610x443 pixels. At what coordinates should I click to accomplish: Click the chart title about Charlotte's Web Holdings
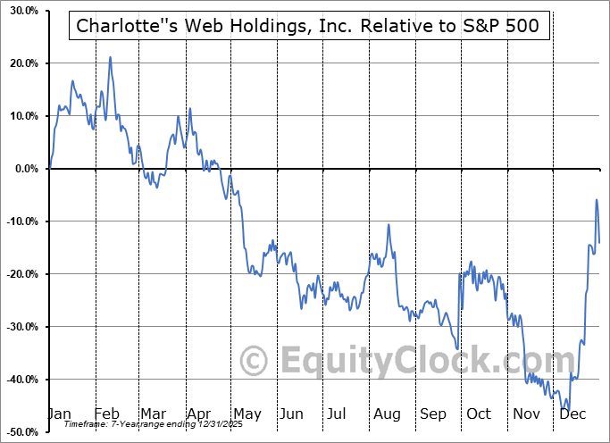click(309, 26)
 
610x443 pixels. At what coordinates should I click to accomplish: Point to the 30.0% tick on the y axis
click(21, 12)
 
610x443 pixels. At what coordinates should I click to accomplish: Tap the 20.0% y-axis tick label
click(21, 64)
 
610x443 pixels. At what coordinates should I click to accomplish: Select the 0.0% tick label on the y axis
click(24, 169)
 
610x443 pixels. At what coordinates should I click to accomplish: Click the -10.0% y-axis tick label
click(20, 221)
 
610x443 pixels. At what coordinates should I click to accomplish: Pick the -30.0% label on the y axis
click(20, 327)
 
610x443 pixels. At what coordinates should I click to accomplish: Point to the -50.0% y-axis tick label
click(20, 432)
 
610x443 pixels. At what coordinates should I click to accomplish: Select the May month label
click(247, 414)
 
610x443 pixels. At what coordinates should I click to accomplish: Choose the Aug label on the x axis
click(387, 414)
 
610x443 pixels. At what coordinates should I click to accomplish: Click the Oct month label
click(480, 414)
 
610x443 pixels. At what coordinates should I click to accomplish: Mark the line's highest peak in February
click(110, 57)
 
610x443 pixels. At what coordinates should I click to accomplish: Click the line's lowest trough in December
click(565, 410)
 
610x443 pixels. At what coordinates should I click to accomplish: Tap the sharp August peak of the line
click(389, 224)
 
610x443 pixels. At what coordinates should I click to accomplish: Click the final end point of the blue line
click(598, 242)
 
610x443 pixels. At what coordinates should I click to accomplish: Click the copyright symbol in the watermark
click(255, 362)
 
